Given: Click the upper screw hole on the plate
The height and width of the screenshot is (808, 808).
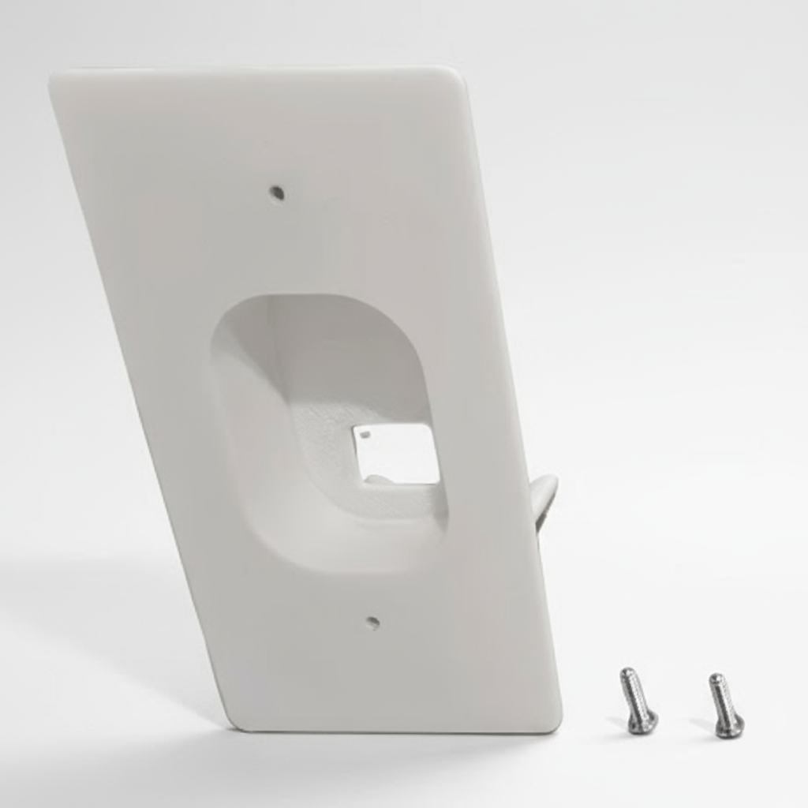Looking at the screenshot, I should (277, 192).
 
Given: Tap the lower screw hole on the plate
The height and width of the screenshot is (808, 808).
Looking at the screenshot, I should (373, 623).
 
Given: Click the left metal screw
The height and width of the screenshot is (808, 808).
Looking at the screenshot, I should (638, 701).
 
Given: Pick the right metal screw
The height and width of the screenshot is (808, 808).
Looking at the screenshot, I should (725, 705).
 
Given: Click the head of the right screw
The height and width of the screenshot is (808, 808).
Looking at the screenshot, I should (730, 726).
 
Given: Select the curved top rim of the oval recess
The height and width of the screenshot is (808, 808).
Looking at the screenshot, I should (316, 298).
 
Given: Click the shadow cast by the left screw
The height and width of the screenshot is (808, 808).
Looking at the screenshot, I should (619, 721).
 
